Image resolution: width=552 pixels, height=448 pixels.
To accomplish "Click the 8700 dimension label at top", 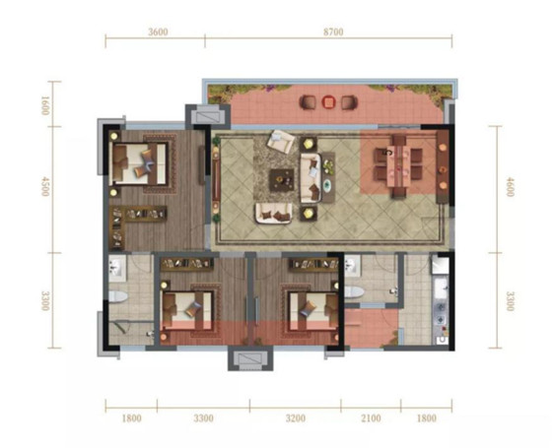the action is [333, 32].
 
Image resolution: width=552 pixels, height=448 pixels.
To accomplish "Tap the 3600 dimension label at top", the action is [158, 32].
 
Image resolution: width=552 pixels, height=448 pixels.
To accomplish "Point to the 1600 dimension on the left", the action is [45, 104].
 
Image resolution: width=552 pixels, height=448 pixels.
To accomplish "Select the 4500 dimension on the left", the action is [45, 186].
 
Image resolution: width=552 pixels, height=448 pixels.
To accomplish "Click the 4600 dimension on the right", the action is [511, 187].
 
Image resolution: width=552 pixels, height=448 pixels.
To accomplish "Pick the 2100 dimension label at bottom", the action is [371, 418].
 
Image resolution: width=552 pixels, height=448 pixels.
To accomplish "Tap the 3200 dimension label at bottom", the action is [296, 418].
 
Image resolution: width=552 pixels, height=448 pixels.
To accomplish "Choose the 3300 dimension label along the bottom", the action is [203, 418].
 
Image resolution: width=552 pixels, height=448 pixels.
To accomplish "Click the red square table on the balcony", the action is [328, 102].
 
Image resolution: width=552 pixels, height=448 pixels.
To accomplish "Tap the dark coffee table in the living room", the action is [282, 180].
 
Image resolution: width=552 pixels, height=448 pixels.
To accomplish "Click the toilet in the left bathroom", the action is [118, 296].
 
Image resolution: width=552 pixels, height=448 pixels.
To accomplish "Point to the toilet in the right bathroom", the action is [354, 292].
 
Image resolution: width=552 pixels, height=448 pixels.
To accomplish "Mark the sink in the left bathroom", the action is [117, 269].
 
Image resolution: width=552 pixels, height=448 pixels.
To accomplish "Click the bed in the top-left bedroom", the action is [139, 163].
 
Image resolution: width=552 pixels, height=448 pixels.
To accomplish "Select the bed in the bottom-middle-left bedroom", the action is [187, 310].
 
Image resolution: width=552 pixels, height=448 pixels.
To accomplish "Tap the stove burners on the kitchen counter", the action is [441, 313].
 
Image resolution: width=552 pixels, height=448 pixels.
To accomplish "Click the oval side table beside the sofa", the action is [327, 184].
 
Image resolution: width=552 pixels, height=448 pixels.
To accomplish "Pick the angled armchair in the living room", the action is [281, 142].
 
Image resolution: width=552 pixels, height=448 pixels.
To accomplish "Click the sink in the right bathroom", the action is [352, 266].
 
